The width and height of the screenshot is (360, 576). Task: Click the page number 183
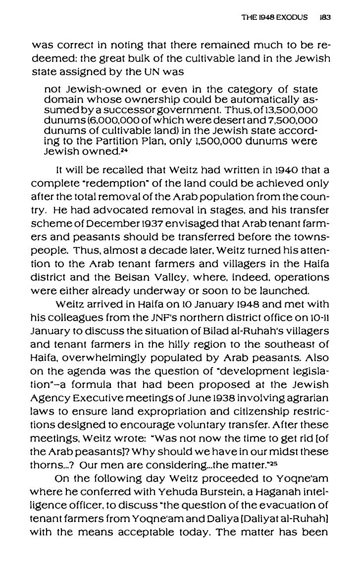point(325,17)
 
